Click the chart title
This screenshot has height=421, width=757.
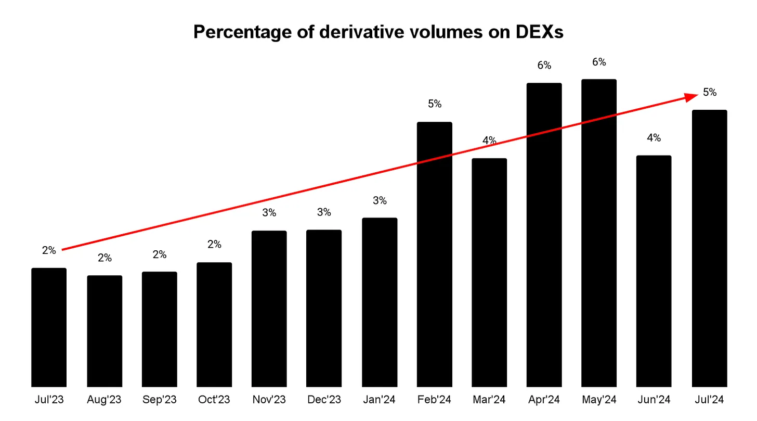pyautogui.click(x=378, y=32)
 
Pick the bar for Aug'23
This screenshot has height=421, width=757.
pyautogui.click(x=105, y=330)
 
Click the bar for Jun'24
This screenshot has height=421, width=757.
pyautogui.click(x=654, y=271)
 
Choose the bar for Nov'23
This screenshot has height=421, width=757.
pyautogui.click(x=269, y=308)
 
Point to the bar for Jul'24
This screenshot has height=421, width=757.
pyautogui.click(x=709, y=248)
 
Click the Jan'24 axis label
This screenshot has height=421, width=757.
pyautogui.click(x=380, y=400)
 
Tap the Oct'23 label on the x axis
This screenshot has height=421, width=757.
pyautogui.click(x=214, y=400)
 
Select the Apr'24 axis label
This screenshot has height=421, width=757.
pyautogui.click(x=544, y=400)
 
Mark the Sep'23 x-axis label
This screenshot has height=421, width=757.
pyautogui.click(x=159, y=400)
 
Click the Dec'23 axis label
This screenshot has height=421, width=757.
pyautogui.click(x=324, y=400)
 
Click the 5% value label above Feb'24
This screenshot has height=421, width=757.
pyautogui.click(x=435, y=104)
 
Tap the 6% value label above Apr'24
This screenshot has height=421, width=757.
pyautogui.click(x=544, y=65)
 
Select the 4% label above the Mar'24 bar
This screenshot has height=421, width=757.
pyautogui.click(x=489, y=140)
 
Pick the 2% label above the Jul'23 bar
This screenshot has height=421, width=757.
pyautogui.click(x=49, y=250)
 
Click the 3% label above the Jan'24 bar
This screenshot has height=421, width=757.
pyautogui.click(x=380, y=200)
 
